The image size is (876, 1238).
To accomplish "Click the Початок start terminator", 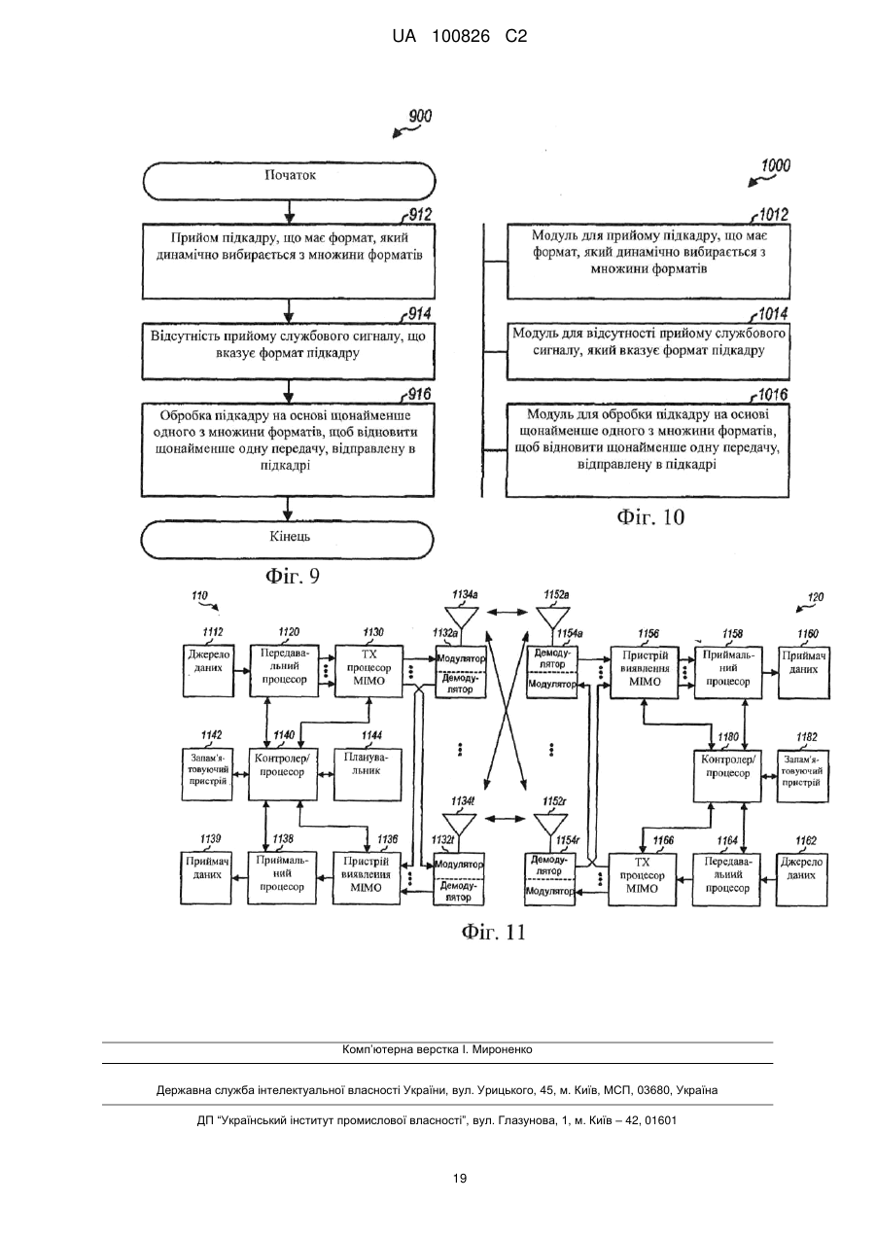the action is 289,181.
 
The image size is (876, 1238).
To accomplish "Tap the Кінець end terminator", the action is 288,540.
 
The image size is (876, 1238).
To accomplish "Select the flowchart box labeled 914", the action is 288,351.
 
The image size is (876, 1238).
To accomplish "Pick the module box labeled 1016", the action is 648,450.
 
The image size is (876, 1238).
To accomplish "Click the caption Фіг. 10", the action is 650,517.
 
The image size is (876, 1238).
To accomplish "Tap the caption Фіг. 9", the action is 293,576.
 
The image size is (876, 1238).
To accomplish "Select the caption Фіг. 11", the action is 493,932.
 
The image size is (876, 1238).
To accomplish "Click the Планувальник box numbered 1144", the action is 368,774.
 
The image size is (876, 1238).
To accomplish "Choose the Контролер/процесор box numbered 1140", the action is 283,774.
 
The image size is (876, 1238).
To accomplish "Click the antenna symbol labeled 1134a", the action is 462,618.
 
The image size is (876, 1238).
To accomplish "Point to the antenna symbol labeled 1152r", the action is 550,825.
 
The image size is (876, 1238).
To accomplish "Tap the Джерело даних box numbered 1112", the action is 208,669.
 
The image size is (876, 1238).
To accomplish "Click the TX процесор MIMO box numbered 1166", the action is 643,879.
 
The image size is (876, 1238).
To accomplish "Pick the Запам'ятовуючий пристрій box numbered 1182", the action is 802,776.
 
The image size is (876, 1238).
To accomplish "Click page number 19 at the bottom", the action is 460,1178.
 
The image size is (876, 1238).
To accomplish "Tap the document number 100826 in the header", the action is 461,37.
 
